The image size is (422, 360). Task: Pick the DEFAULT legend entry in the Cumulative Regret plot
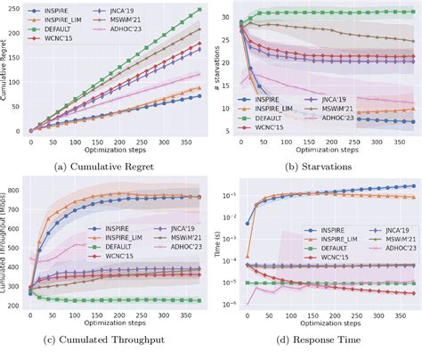point(64,40)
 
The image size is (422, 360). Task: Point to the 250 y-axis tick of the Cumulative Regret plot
point(20,12)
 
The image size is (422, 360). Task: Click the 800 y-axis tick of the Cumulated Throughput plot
point(20,190)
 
